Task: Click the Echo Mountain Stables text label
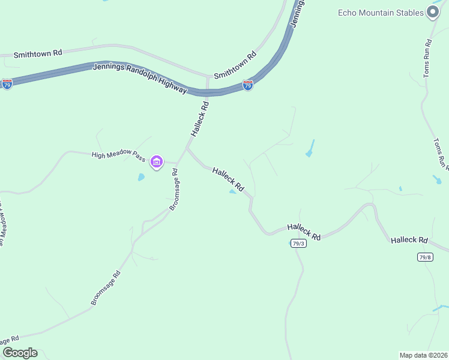point(381,13)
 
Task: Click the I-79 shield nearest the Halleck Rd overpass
point(248,86)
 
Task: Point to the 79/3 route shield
point(298,243)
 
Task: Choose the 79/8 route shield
point(425,257)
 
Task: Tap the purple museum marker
point(157,162)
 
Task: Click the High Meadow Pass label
point(118,155)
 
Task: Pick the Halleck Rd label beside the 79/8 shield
point(409,240)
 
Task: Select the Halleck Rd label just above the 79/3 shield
point(304,231)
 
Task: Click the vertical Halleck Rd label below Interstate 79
point(200,118)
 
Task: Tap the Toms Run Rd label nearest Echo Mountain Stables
point(427,58)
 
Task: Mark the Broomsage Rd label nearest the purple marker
point(174,189)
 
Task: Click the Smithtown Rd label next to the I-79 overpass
point(235,65)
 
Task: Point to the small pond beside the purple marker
point(141,178)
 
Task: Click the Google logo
point(19,353)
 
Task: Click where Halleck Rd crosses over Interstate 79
point(207,92)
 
